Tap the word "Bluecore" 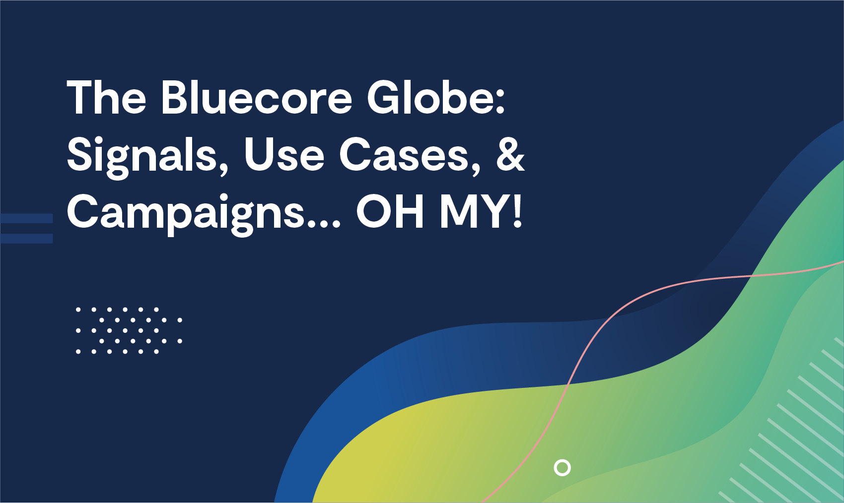257,97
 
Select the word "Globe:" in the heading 436,97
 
